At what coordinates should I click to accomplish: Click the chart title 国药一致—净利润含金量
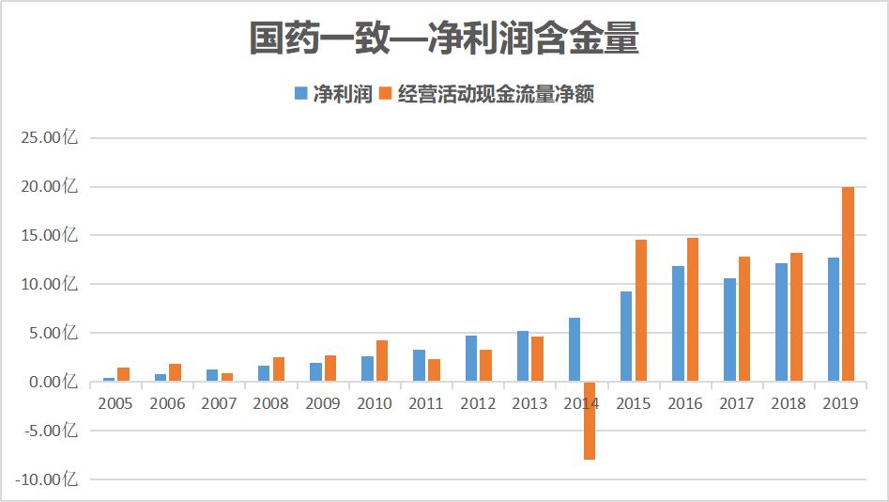pos(444,39)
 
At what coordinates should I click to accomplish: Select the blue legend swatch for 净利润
pos(301,93)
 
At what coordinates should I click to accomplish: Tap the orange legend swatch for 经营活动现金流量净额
pos(384,93)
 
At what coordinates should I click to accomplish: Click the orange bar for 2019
pos(848,284)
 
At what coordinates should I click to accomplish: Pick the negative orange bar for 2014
pos(589,420)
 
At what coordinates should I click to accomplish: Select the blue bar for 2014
pos(575,350)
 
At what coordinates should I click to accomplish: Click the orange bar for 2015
pos(640,310)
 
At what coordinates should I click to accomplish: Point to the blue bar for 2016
pos(678,323)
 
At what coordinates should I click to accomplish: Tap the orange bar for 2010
pos(381,361)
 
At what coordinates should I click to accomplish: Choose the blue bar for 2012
pos(470,358)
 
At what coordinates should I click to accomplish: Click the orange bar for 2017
pos(743,319)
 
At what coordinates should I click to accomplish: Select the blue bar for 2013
pos(522,356)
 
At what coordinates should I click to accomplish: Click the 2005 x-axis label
pos(115,404)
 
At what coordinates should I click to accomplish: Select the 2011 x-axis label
pos(426,404)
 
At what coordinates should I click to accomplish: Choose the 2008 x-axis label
pos(270,404)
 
